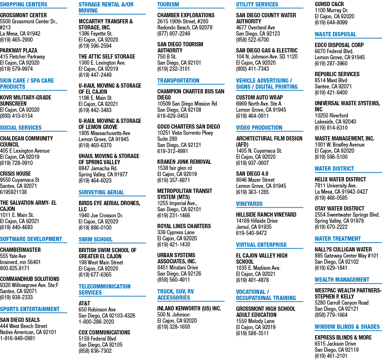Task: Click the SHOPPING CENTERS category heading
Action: coord(24,5)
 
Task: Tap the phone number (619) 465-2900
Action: coord(16,40)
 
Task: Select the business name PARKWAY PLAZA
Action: coord(19,51)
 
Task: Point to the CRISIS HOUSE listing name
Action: coord(15,174)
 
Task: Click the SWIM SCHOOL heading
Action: coord(96,240)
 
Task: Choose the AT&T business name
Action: coord(84,304)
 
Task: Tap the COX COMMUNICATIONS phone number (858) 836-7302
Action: coord(95,351)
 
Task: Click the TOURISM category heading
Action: coord(168,5)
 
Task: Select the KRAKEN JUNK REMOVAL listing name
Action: coord(184,162)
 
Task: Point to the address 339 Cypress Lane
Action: coord(176,232)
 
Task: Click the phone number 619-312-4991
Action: coord(173,151)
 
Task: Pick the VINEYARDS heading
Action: coord(249,204)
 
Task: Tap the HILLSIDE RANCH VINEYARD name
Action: coord(266,215)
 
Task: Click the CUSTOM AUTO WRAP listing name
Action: coord(259,98)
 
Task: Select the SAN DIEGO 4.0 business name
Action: coord(252,174)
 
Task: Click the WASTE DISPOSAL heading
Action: coord(335,34)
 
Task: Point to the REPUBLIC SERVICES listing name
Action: coord(337,74)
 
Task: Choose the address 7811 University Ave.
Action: coord(336,186)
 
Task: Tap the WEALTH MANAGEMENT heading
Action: coord(342,280)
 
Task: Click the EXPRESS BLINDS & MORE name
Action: coord(343,338)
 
